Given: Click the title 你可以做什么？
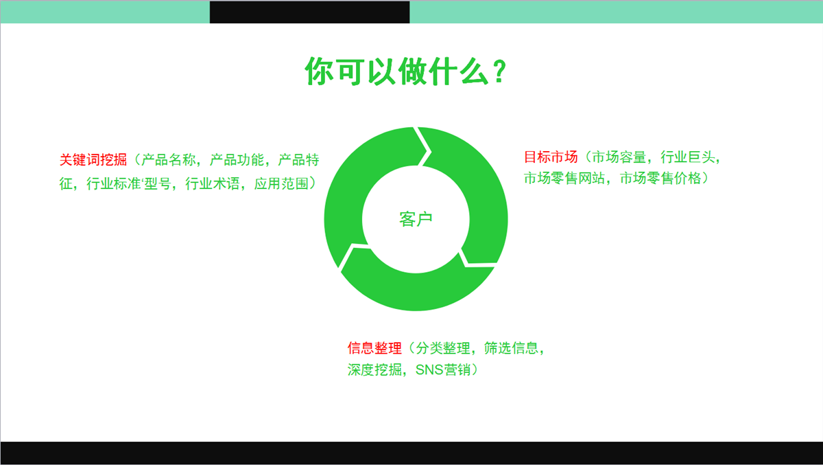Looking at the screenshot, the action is tap(405, 71).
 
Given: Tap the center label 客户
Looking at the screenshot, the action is tap(416, 219).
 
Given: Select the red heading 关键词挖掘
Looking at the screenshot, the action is tap(93, 159).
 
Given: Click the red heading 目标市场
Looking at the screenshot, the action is tap(551, 157).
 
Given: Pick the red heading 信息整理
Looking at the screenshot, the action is tap(374, 348).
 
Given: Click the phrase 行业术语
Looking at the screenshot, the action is tap(213, 183).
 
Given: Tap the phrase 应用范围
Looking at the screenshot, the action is tap(281, 183).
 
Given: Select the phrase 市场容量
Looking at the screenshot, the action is tap(619, 157).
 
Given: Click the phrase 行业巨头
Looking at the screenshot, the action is tap(688, 157).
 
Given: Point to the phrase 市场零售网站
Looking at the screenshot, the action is tap(564, 178).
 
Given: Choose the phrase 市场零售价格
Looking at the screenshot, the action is tap(660, 178).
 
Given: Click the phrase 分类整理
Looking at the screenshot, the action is tap(443, 348).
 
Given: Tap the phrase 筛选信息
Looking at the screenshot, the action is tap(511, 348).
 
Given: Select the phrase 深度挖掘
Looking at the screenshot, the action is tap(374, 370).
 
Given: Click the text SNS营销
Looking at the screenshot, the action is tap(443, 370).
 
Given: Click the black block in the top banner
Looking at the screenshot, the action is tap(310, 12).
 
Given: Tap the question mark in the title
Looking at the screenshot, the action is tap(500, 71).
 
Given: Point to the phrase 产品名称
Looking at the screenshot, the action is tap(169, 159).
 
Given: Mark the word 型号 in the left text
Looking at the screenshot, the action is tap(158, 183).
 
